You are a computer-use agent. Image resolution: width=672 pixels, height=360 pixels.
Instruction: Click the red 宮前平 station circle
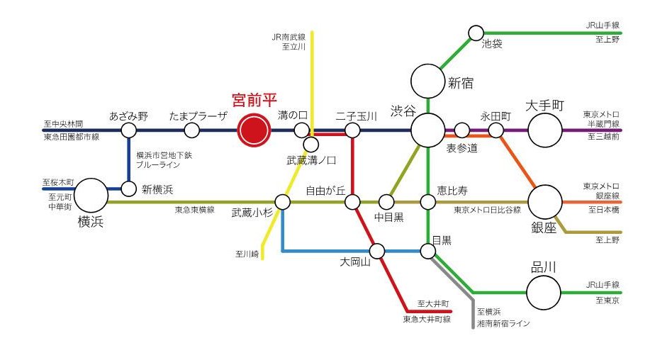pyautogui.click(x=254, y=130)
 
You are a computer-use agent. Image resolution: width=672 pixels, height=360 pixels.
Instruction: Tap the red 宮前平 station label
pyautogui.click(x=254, y=101)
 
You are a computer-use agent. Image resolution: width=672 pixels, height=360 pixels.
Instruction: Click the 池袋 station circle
pyautogui.click(x=476, y=33)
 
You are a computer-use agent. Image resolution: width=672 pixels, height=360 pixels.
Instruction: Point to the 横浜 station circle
pyautogui.click(x=91, y=195)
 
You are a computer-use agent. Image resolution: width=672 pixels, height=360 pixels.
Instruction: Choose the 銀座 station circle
pyautogui.click(x=545, y=202)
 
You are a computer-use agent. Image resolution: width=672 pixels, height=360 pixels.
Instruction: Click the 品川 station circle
pyautogui.click(x=543, y=292)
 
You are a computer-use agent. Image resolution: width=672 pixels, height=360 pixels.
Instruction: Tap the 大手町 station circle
pyautogui.click(x=545, y=130)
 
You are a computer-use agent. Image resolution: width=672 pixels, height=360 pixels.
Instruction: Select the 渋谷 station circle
pyautogui.click(x=427, y=130)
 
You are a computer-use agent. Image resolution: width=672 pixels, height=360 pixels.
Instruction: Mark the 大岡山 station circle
pyautogui.click(x=377, y=251)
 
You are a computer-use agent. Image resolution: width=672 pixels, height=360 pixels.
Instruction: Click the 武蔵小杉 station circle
pyautogui.click(x=282, y=202)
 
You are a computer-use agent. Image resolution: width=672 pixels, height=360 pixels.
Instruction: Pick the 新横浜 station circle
pyautogui.click(x=128, y=189)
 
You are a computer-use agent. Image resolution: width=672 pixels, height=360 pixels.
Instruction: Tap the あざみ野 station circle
pyautogui.click(x=128, y=130)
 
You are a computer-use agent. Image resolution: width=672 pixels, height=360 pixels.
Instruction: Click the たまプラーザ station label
pyautogui.click(x=198, y=115)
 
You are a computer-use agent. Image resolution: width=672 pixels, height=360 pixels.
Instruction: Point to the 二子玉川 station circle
pyautogui.click(x=352, y=130)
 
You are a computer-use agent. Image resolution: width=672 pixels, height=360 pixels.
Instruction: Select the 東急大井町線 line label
pyautogui.click(x=426, y=319)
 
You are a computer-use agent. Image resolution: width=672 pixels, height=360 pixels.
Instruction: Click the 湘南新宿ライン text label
pyautogui.click(x=503, y=324)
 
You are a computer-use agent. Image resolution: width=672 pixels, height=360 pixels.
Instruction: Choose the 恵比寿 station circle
pyautogui.click(x=427, y=202)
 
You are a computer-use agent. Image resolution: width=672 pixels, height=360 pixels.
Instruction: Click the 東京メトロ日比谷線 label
pyautogui.click(x=487, y=210)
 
